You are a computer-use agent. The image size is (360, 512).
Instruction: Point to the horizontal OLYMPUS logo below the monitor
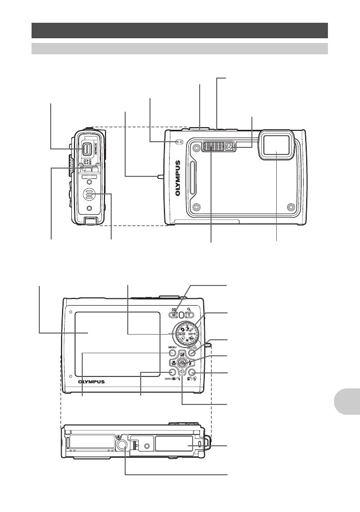[91, 382]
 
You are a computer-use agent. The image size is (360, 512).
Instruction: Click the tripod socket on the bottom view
[123, 430]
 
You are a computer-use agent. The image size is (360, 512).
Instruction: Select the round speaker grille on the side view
[89, 195]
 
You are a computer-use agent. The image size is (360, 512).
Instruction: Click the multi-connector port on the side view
[87, 149]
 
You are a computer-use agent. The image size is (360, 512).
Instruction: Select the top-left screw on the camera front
[196, 148]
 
